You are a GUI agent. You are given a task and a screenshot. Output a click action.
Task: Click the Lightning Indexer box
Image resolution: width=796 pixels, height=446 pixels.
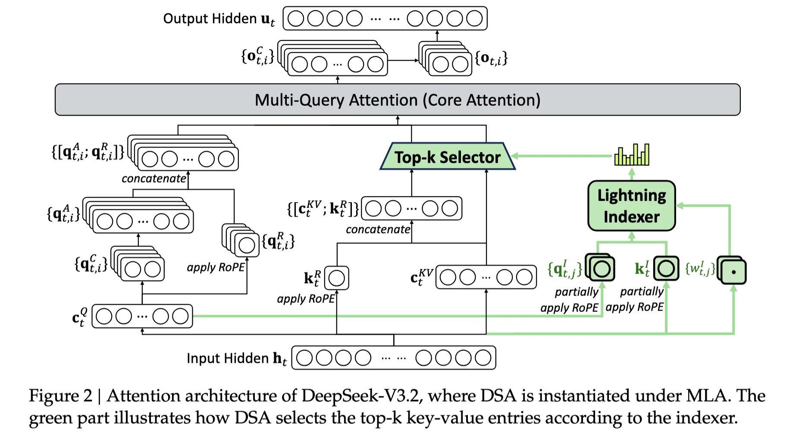click(x=631, y=206)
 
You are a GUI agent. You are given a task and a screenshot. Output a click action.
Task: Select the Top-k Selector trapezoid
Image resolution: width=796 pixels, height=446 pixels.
click(x=447, y=157)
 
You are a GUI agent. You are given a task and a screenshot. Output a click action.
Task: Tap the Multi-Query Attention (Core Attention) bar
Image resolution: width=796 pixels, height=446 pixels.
click(x=397, y=100)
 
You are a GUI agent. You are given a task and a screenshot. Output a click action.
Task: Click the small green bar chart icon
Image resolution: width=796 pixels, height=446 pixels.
click(x=632, y=155)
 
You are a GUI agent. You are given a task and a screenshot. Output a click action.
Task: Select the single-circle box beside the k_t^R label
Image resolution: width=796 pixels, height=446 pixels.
click(x=336, y=278)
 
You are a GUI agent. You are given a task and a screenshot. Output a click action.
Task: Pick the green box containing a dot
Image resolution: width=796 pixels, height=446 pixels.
click(x=733, y=272)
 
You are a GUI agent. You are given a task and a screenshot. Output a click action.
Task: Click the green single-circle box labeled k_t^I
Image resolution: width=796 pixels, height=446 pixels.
click(x=666, y=268)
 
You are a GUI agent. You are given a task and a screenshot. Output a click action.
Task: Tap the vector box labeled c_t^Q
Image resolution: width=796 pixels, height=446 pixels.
click(x=142, y=316)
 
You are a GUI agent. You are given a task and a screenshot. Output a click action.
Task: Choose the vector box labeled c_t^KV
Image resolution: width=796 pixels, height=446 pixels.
click(x=486, y=277)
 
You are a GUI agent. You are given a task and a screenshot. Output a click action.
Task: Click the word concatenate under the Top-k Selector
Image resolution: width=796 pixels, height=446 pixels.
click(x=378, y=229)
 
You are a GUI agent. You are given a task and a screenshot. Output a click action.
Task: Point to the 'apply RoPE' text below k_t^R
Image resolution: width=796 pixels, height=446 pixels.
click(x=306, y=298)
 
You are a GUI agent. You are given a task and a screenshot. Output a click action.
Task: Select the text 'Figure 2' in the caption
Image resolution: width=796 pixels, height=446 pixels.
click(x=60, y=396)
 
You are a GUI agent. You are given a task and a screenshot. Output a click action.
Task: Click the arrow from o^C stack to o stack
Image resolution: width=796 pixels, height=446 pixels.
click(x=403, y=60)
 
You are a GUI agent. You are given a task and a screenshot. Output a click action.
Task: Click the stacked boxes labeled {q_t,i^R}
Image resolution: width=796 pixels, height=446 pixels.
click(x=241, y=241)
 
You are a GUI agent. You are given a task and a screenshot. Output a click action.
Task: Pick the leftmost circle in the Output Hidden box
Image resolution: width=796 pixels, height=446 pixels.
click(x=296, y=19)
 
